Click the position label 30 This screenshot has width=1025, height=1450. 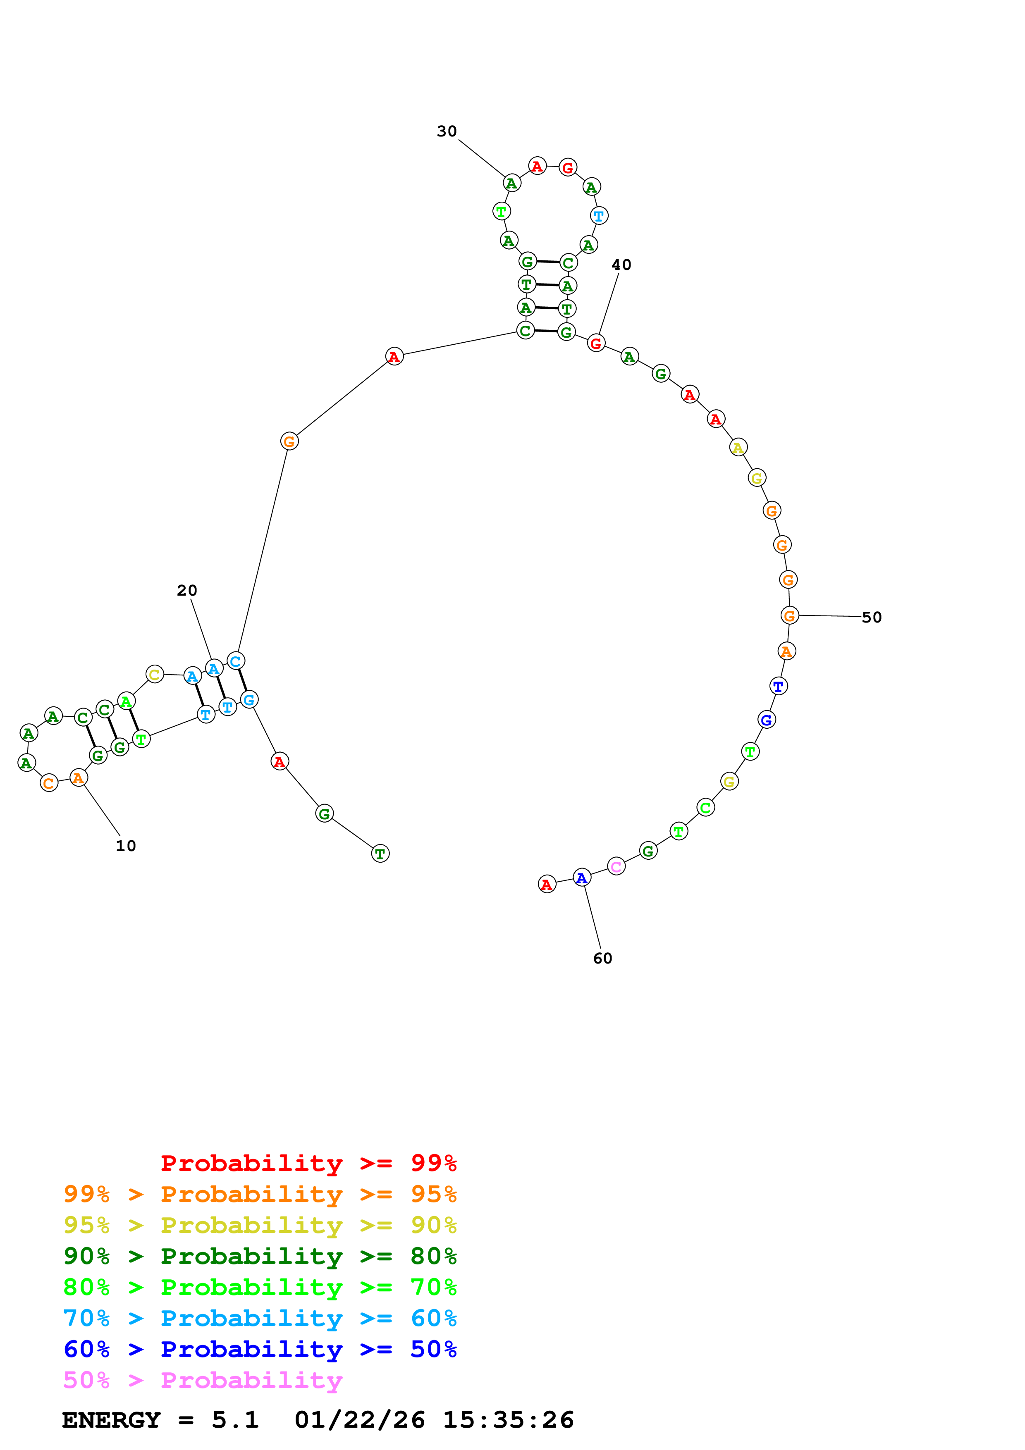(x=447, y=131)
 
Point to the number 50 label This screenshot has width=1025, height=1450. (x=872, y=617)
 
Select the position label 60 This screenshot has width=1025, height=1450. (x=602, y=958)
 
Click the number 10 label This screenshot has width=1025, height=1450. (x=126, y=846)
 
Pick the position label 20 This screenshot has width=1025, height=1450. (x=187, y=591)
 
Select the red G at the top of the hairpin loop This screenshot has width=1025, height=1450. (x=568, y=167)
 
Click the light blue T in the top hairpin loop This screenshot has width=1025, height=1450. (x=599, y=216)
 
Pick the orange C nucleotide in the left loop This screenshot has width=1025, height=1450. (x=49, y=783)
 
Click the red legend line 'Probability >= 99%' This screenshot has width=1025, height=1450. (x=308, y=1163)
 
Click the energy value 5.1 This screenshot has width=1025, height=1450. (x=235, y=1420)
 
